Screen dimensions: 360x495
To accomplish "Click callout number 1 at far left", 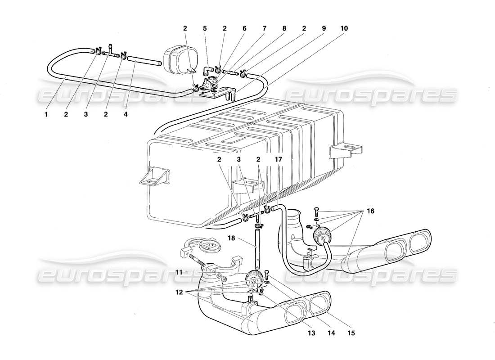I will click(x=46, y=114).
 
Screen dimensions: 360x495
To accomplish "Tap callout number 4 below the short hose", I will click(x=126, y=114).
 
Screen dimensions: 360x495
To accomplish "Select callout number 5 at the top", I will click(x=205, y=28).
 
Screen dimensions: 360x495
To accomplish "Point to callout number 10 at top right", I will click(x=344, y=28).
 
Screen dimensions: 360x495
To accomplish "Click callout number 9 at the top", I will click(x=324, y=28).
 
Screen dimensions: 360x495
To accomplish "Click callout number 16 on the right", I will click(x=370, y=210).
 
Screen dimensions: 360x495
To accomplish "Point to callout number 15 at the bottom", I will click(x=351, y=333).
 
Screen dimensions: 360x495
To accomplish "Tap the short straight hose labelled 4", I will click(x=144, y=61).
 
